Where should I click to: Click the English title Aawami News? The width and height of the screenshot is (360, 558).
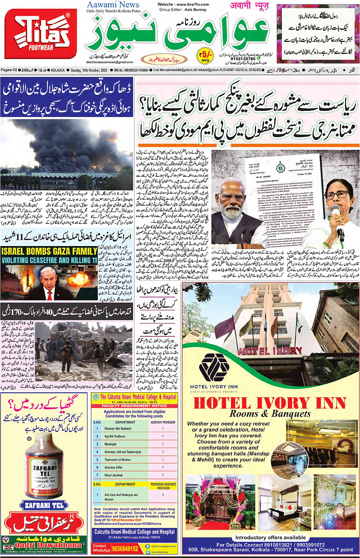point(113,5)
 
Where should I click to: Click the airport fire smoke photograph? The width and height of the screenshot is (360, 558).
point(66,154)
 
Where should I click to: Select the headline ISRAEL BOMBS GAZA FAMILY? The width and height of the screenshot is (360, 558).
point(49,251)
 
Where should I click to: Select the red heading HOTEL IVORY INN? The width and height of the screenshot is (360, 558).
point(270,403)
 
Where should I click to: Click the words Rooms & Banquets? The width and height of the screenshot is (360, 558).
point(270,414)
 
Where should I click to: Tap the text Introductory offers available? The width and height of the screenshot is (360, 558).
point(270,537)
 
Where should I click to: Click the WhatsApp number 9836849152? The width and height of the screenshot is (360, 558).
point(125,548)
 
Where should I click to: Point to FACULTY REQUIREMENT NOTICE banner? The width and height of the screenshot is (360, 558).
point(134,406)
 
